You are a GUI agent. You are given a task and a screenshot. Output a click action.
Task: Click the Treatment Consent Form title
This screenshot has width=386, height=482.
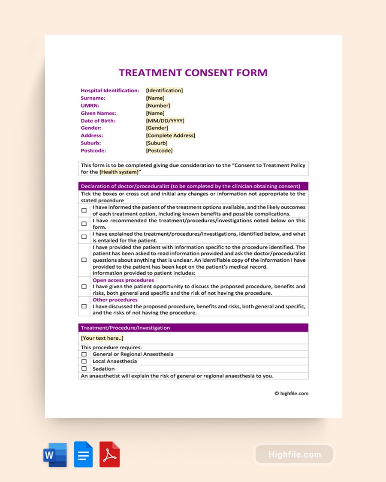pos(193,72)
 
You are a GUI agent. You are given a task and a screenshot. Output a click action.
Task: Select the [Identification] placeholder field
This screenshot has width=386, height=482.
pos(164,90)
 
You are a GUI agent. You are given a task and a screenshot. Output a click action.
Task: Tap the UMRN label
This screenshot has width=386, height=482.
pos(90,105)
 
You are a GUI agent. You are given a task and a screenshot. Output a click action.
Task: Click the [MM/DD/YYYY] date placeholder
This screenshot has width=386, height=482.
pos(165,121)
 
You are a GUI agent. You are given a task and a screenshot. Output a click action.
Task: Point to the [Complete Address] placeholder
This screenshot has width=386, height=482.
pos(170,135)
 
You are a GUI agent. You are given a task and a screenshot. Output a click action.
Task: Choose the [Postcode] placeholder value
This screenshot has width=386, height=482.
pos(159,150)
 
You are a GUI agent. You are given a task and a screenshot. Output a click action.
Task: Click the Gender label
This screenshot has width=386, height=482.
pos(91,128)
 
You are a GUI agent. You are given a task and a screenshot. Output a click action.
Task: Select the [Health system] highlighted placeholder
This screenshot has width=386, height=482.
pos(119,172)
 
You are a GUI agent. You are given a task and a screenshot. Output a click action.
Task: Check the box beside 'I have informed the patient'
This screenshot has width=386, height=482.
pos(84,210)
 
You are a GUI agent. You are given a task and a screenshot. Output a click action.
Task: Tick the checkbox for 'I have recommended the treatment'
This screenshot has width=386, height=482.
pos(84,224)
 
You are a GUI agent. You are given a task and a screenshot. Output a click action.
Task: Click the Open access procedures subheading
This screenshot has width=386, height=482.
pos(123,280)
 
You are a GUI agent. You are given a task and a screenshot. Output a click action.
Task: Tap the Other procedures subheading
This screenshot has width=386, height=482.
pos(115,300)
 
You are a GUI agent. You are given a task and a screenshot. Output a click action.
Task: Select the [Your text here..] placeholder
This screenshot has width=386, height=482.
pos(102,338)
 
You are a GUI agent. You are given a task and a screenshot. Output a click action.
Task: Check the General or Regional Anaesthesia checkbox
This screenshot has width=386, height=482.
pos(84,354)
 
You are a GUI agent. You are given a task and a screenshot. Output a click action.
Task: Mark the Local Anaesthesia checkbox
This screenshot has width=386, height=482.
pos(84,361)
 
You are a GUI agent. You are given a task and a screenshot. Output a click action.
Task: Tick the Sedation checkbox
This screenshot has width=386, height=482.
pos(84,368)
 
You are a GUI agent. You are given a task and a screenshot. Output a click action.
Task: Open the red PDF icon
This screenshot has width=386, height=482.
pos(109,455)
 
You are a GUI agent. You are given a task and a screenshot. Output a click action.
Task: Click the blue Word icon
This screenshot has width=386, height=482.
pos(55,455)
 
